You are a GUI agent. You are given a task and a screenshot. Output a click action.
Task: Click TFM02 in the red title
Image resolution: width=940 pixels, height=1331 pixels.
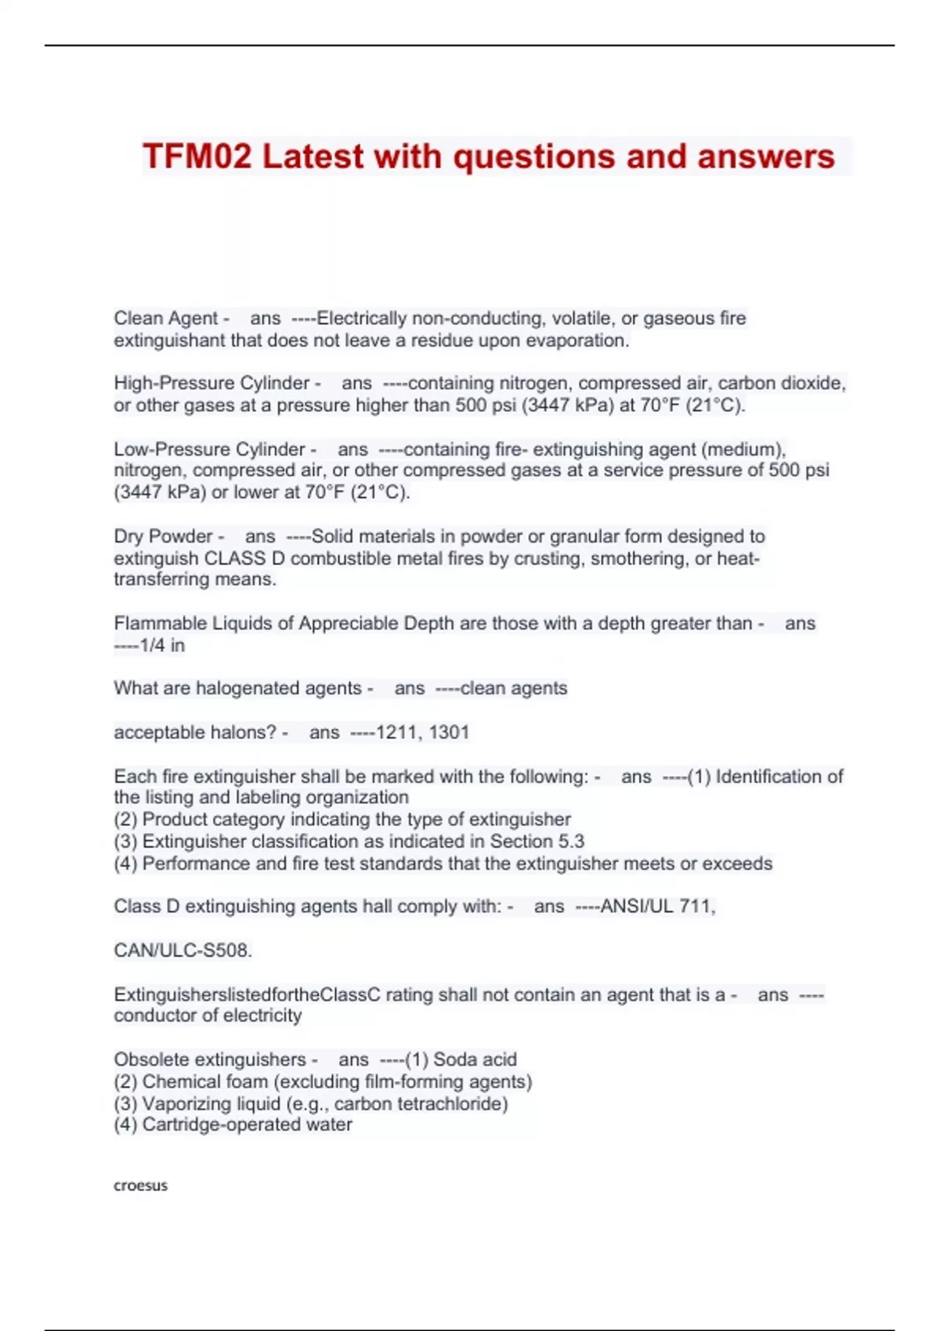click(x=197, y=157)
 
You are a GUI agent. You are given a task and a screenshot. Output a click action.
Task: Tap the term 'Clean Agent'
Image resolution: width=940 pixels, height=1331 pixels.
click(x=165, y=319)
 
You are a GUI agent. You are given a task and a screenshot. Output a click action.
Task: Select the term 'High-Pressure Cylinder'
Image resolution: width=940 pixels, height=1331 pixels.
click(x=211, y=384)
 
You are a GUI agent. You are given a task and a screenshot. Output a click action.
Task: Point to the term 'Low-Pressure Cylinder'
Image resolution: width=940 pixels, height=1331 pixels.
click(x=209, y=449)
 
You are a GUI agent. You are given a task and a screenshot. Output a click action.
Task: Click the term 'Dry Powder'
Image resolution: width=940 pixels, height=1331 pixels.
click(x=163, y=537)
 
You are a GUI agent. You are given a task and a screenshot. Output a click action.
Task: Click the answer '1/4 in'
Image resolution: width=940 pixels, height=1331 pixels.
click(x=162, y=646)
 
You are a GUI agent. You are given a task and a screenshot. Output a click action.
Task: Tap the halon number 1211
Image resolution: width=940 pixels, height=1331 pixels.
click(x=398, y=733)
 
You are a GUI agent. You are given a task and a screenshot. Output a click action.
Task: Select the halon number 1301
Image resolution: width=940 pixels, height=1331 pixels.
click(x=449, y=733)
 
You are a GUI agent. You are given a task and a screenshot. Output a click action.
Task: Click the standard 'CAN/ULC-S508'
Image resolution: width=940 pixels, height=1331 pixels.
click(x=182, y=951)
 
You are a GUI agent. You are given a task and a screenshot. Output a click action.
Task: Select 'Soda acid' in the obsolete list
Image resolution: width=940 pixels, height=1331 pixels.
click(x=475, y=1060)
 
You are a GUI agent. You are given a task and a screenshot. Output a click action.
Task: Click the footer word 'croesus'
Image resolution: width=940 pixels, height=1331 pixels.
click(x=141, y=1185)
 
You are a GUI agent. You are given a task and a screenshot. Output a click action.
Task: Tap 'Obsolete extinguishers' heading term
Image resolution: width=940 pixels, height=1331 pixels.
click(x=210, y=1060)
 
